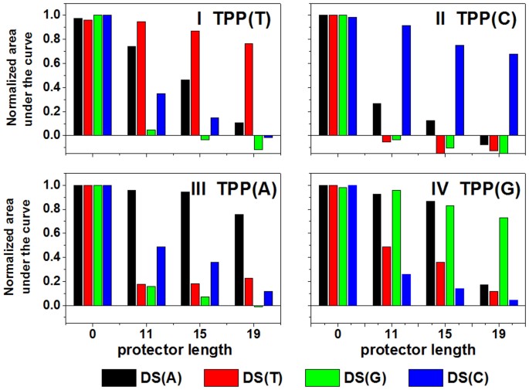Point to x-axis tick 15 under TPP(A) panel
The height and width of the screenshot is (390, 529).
pyautogui.click(x=201, y=334)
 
